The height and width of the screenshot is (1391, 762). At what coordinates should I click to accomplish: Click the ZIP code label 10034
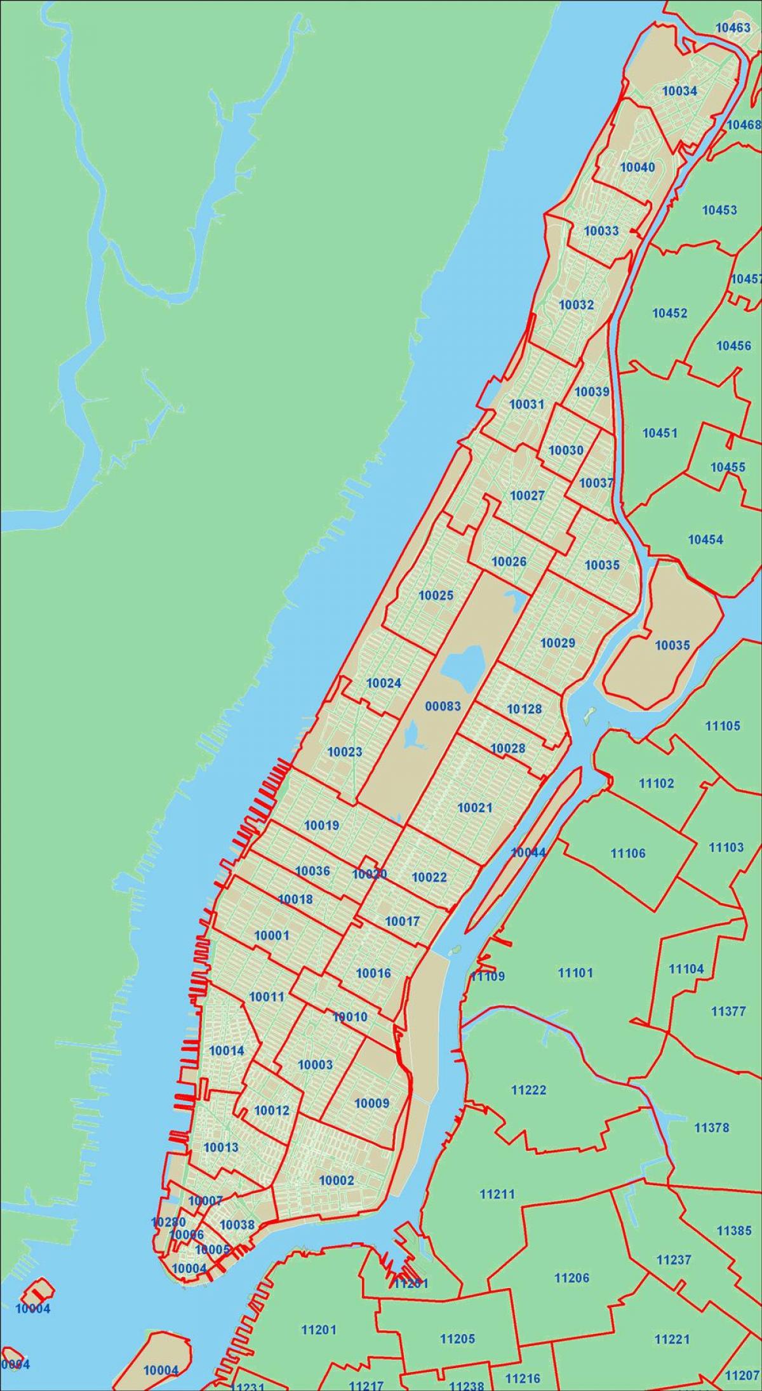[x=679, y=91]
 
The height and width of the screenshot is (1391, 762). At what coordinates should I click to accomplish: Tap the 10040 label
[x=637, y=168]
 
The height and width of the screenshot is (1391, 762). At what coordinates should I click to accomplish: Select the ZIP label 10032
[x=576, y=305]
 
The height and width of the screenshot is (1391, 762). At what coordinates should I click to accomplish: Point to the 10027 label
[x=527, y=495]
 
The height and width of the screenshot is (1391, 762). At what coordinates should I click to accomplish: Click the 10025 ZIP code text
[x=436, y=596]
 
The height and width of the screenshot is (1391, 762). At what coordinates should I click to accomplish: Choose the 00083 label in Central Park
[x=443, y=706]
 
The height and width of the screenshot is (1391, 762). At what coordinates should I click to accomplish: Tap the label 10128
[x=525, y=709]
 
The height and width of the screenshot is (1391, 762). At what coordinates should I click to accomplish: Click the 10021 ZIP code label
[x=475, y=808]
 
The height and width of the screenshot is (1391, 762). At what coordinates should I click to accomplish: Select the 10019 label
[x=322, y=826]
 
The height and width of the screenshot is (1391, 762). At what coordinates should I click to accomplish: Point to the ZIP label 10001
[x=272, y=936]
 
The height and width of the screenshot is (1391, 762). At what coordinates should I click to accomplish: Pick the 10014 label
[x=226, y=1051]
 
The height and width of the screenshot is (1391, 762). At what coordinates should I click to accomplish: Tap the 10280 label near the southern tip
[x=168, y=1204]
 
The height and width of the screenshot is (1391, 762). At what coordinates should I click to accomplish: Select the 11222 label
[x=528, y=1091]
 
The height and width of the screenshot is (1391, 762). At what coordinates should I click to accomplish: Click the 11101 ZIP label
[x=575, y=973]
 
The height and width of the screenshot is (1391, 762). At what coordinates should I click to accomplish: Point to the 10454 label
[x=705, y=540]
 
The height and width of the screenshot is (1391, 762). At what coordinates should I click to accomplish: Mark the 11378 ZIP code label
[x=712, y=1128]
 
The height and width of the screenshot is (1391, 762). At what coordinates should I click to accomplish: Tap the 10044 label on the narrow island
[x=528, y=852]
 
